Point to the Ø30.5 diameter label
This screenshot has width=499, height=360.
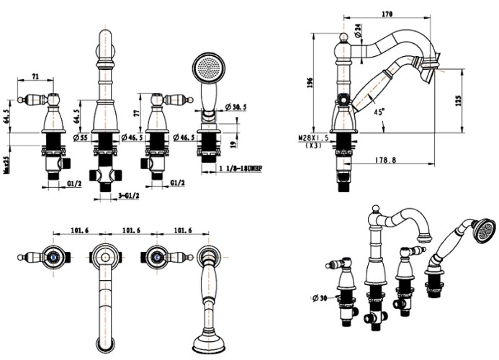[x=235, y=107]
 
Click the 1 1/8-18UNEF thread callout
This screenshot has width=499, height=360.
[x=243, y=168]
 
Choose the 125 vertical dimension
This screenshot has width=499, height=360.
[x=458, y=101]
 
